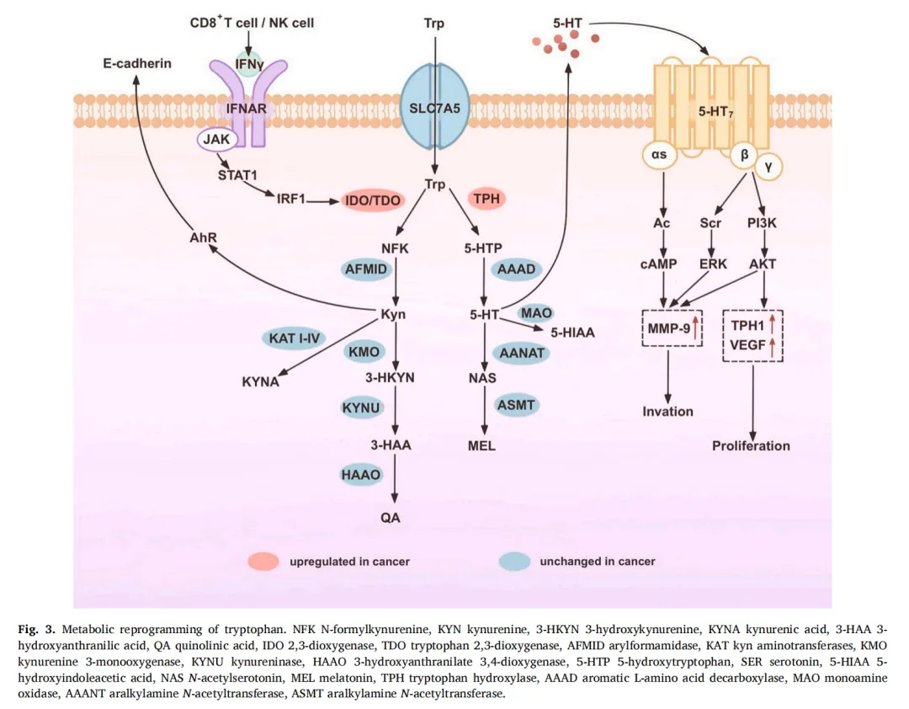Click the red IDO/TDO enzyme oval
373,200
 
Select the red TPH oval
486,200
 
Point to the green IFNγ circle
248,62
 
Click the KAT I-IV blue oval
294,339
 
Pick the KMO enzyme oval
368,352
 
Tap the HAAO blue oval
361,475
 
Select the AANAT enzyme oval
522,353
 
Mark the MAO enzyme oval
536,314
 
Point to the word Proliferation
751,445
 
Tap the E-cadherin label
137,63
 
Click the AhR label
204,237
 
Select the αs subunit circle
659,155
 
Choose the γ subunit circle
768,167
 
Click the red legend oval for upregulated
263,561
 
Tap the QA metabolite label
391,518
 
